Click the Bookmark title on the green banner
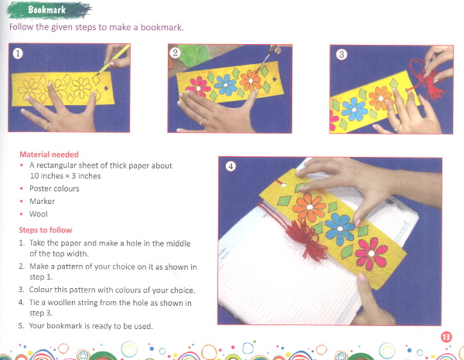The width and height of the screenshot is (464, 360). coord(46,10)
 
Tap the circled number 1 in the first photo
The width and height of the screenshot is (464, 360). coord(18,53)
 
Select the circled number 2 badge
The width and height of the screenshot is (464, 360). coord(176,53)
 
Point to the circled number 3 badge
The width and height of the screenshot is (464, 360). coord(342,54)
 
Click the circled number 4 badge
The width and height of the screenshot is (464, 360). coord(230,166)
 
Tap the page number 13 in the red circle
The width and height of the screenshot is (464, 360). coord(446,337)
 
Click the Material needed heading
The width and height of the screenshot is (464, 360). coord(49,155)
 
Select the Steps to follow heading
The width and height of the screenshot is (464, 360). coord(46,230)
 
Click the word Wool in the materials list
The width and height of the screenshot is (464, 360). coord(38,214)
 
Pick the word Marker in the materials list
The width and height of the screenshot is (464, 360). coord(42,202)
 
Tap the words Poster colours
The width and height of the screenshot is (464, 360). coord(54,188)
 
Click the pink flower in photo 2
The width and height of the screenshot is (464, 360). coord(198,87)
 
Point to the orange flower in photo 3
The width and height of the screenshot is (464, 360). coord(380,98)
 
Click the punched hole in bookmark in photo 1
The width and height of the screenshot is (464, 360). coord(106,88)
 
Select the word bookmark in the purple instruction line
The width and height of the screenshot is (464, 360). coord(161,28)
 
